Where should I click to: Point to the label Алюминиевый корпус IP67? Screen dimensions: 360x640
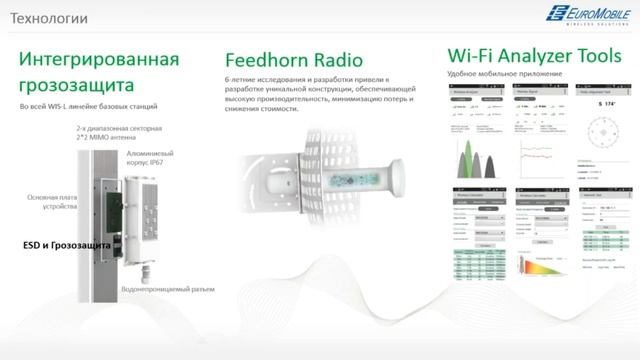[x=154, y=160]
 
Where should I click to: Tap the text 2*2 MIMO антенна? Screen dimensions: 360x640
[x=107, y=139]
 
